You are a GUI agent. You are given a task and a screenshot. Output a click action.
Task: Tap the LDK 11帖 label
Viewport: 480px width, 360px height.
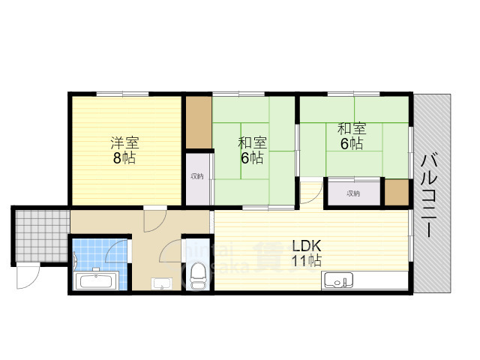pyautogui.click(x=307, y=253)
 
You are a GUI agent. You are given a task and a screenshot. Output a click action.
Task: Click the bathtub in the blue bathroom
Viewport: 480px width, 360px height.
pyautogui.click(x=96, y=282)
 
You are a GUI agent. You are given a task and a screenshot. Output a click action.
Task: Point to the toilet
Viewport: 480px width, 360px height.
pyautogui.click(x=198, y=275)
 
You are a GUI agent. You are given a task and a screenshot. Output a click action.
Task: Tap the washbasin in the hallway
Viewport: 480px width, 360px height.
pyautogui.click(x=160, y=283)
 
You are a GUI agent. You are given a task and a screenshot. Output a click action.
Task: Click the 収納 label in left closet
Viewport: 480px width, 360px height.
pyautogui.click(x=196, y=176)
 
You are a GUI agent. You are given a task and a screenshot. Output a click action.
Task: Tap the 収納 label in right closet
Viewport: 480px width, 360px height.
pyautogui.click(x=353, y=193)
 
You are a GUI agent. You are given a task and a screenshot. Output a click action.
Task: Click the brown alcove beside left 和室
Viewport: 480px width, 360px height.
pyautogui.click(x=199, y=121)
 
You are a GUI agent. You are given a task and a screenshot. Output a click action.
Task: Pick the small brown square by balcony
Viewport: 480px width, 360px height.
pyautogui.click(x=396, y=192)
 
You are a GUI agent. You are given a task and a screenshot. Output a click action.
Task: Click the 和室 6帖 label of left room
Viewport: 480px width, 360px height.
pyautogui.click(x=251, y=150)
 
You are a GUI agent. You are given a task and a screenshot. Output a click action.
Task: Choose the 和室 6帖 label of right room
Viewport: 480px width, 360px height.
pyautogui.click(x=351, y=136)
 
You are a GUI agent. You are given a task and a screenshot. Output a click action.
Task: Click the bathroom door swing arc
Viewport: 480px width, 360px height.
pyautogui.click(x=119, y=248)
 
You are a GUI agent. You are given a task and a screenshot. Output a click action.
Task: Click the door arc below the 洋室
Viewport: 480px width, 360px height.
pyautogui.click(x=155, y=219)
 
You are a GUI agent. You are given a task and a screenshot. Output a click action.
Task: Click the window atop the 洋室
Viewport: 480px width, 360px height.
pyautogui.click(x=121, y=94)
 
